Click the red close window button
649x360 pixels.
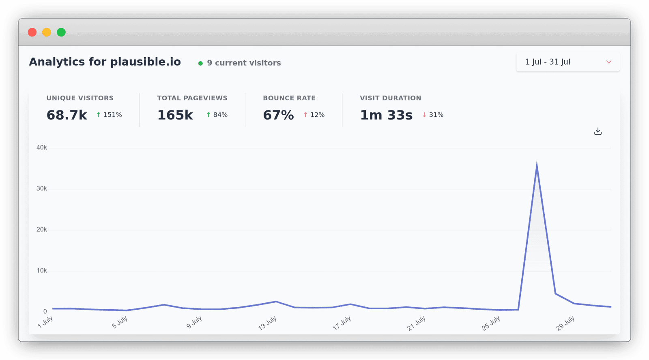[x=32, y=32]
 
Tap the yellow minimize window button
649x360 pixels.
[x=47, y=32]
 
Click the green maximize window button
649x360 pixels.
[x=61, y=32]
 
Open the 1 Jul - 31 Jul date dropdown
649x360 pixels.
[x=567, y=62]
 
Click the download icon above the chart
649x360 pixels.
[x=597, y=131]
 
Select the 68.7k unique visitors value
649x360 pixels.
[x=67, y=115]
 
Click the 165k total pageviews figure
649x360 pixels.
[x=175, y=115]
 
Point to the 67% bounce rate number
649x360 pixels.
[x=278, y=115]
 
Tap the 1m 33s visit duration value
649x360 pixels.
[x=386, y=115]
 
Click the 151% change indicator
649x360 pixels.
[x=109, y=115]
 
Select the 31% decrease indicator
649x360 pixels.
[x=433, y=115]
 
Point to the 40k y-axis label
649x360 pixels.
[x=41, y=148]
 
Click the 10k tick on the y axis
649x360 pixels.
[x=41, y=271]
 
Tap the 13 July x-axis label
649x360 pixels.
[x=267, y=323]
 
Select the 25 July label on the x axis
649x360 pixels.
[x=491, y=323]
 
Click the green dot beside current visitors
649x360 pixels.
[x=200, y=63]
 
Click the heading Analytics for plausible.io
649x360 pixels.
[x=105, y=62]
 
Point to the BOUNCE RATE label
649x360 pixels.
[x=289, y=98]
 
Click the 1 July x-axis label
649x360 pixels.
[x=45, y=322]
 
